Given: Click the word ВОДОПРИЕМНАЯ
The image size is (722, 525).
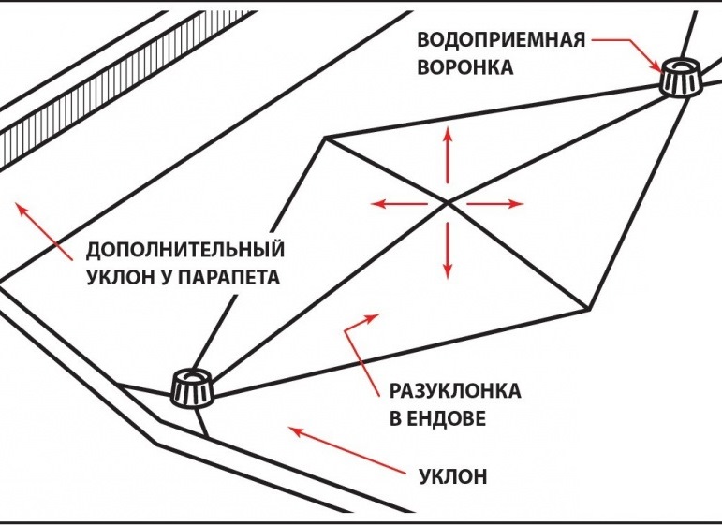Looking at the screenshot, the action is (501, 40).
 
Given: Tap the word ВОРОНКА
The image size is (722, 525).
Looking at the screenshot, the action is (465, 67).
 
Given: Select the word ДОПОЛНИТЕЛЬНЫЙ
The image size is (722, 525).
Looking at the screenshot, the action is (185, 250).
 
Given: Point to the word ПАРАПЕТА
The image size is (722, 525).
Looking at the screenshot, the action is (228, 277).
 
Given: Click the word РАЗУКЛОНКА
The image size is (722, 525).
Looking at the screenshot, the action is (455, 391).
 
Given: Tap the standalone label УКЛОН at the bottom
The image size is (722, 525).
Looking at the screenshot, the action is (453, 476).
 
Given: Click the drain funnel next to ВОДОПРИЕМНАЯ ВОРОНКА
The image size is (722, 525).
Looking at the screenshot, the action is (681, 77).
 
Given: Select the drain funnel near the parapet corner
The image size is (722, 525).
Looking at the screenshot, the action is (193, 387).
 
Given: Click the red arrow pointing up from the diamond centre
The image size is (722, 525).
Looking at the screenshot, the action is (447, 155).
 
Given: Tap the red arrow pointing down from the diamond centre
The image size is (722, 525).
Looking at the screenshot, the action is (447, 250).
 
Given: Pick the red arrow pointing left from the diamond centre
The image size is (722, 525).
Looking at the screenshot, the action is (399, 203).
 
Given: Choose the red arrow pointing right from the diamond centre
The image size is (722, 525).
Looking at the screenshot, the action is (495, 203).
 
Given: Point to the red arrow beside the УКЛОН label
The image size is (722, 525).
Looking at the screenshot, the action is (347, 450).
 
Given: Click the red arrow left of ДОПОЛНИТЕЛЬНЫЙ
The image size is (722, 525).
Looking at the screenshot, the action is (44, 231).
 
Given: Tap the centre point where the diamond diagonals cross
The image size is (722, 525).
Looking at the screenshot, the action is (447, 201).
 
